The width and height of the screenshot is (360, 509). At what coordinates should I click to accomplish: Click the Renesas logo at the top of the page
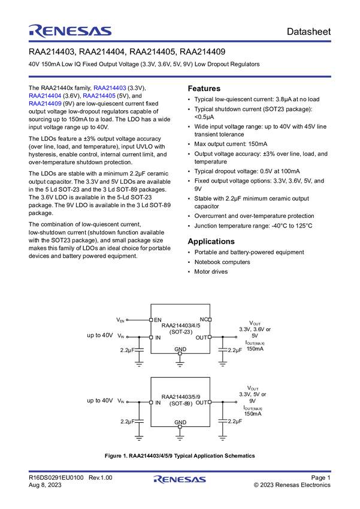(x=69, y=30)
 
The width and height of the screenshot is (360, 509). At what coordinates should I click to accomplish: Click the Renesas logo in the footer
(x=180, y=480)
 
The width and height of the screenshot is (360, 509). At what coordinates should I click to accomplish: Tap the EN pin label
(x=158, y=320)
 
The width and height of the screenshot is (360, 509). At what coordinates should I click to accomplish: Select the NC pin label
(x=203, y=320)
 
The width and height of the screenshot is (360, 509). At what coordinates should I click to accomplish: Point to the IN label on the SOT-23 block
(x=158, y=338)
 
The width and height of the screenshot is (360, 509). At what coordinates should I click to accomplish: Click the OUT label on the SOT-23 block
(x=201, y=338)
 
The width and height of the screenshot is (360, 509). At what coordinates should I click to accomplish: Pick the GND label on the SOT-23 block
(x=180, y=349)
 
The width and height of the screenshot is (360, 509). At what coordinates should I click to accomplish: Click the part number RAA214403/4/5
(x=180, y=326)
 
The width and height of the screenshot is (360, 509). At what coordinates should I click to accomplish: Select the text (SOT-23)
(x=180, y=332)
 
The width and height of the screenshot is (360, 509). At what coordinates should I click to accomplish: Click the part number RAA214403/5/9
(x=180, y=397)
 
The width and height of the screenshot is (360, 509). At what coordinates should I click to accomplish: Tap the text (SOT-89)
(x=180, y=403)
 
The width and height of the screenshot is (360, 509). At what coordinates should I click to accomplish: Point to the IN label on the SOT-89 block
(x=158, y=403)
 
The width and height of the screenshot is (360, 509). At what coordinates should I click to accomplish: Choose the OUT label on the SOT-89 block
(x=201, y=403)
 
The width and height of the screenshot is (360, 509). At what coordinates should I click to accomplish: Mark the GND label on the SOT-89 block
(x=180, y=422)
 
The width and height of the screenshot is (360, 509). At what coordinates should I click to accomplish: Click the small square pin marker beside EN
(x=151, y=320)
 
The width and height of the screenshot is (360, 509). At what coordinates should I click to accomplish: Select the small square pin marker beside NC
(x=210, y=320)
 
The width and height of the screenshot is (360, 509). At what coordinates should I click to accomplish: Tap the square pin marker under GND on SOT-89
(x=180, y=427)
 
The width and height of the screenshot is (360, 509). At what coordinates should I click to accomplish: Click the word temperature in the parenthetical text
(x=100, y=146)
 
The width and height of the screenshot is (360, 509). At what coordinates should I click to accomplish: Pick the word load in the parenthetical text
(x=63, y=146)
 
